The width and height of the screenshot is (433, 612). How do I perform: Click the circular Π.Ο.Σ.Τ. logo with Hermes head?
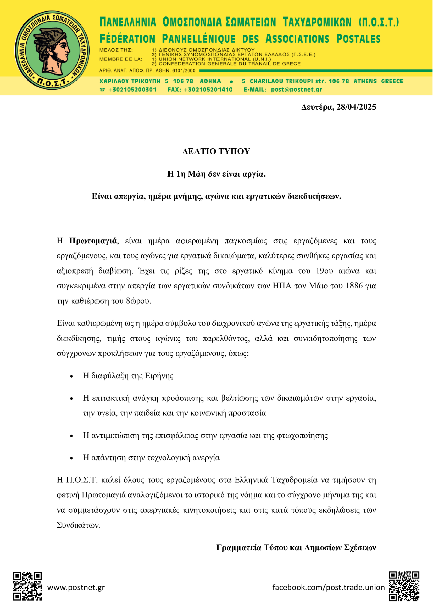(52, 50)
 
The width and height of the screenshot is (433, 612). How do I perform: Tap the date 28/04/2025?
(356, 107)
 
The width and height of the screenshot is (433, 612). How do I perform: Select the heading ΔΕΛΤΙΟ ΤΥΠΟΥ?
(216, 151)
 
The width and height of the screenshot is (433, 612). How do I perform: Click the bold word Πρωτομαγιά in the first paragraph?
(93, 241)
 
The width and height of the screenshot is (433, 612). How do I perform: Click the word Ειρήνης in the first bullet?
(159, 376)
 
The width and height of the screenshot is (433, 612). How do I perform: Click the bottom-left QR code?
(27, 586)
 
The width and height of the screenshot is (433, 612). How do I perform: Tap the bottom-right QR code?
(404, 586)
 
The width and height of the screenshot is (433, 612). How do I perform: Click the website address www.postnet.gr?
(76, 587)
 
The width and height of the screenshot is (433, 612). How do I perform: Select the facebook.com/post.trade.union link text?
(329, 587)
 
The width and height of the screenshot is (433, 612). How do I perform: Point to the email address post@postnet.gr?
(297, 90)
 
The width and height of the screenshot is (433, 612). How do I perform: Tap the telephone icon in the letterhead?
(102, 90)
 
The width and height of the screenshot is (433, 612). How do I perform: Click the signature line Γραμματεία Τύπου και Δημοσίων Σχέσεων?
(296, 547)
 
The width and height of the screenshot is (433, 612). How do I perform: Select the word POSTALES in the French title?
(358, 39)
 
